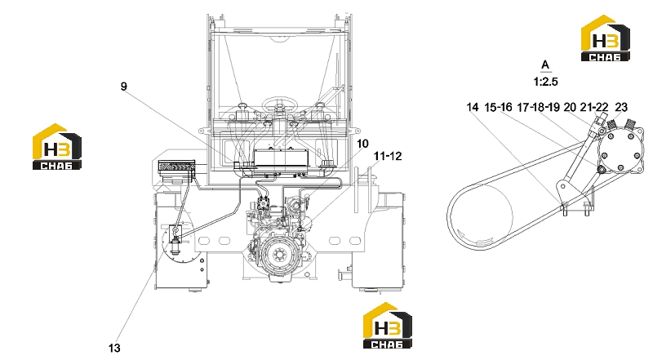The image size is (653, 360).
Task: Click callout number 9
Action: click(124, 87)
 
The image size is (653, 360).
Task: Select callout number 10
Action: click(362, 144)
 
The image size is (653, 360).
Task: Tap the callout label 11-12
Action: click(388, 156)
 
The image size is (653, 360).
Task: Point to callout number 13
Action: click(114, 348)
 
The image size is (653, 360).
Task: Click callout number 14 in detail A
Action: click(473, 108)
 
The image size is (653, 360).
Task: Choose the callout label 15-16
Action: click(498, 108)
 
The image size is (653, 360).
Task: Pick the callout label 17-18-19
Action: click(538, 108)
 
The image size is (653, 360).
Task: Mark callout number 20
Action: click(570, 108)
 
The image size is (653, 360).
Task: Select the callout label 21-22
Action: click(594, 108)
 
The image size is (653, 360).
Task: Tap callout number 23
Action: click(621, 108)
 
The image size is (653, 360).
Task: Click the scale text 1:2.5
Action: click(545, 82)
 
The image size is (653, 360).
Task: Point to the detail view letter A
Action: click(545, 65)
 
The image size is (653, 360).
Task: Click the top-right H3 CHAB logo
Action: click(606, 38)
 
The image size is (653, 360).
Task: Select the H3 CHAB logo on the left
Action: click(57, 147)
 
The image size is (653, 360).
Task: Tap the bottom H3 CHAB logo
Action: click(388, 326)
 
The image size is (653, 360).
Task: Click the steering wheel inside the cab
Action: click(278, 102)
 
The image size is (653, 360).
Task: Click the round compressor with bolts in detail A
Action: click(620, 151)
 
